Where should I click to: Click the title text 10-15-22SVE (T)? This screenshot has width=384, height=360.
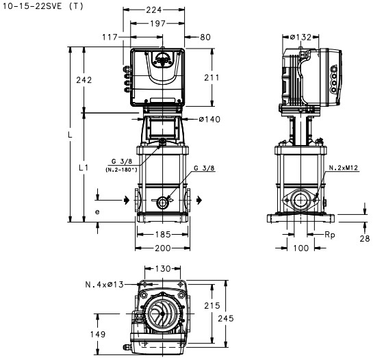pyautogui.click(x=43, y=6)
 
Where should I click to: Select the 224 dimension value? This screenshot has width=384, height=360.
pyautogui.click(x=154, y=10)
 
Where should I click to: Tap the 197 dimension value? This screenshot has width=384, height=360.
pyautogui.click(x=157, y=23)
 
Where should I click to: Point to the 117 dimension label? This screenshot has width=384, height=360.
pyautogui.click(x=110, y=37)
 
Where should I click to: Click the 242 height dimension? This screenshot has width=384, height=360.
pyautogui.click(x=84, y=80)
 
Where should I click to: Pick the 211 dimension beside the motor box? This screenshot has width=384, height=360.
pyautogui.click(x=212, y=77)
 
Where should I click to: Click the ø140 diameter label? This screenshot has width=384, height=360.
pyautogui.click(x=209, y=119)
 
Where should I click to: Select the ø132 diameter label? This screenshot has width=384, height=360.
pyautogui.click(x=300, y=37)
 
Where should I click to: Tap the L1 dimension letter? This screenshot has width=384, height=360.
pyautogui.click(x=84, y=168)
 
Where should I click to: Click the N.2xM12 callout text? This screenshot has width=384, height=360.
pyautogui.click(x=344, y=168)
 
